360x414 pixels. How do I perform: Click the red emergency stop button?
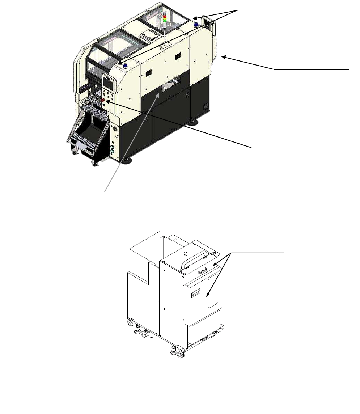click(103, 100)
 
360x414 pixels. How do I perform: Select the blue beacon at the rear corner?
click(196, 25)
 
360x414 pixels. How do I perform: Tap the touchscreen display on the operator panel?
click(109, 83)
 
